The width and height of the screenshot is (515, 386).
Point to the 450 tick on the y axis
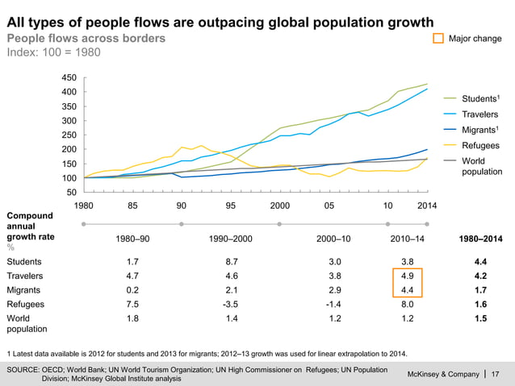coord(69,77)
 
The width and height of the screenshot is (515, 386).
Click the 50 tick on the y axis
coord(72,193)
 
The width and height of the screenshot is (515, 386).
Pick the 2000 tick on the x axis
coord(279,205)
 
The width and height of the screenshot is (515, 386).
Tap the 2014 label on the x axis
coord(426,205)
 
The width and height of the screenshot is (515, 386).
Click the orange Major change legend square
coord(438,39)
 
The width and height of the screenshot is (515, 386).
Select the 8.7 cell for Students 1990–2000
coord(231,262)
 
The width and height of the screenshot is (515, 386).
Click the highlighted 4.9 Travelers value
coord(408,276)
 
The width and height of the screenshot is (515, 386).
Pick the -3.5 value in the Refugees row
coord(231,305)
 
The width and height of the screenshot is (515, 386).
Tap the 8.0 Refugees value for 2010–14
coord(408,305)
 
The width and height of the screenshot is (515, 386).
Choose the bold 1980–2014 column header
coord(481,239)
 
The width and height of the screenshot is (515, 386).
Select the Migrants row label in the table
coord(24,291)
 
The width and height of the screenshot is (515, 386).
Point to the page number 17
coord(496,373)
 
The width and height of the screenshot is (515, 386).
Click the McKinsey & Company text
coord(444,373)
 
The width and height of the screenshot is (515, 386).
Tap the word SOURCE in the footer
coord(25,368)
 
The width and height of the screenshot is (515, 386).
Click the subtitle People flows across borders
coord(86,38)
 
